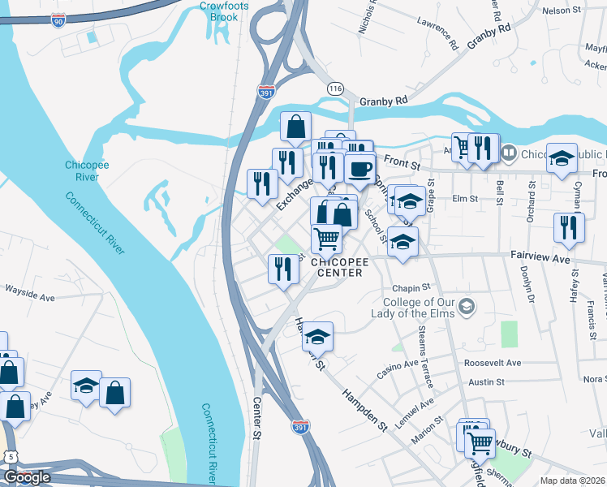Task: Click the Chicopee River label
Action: pyautogui.click(x=82, y=170)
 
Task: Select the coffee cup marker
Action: pyautogui.click(x=359, y=170)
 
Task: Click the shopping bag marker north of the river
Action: pyautogui.click(x=295, y=127)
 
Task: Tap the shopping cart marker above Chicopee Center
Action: pyautogui.click(x=326, y=238)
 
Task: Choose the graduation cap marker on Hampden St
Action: pyautogui.click(x=318, y=336)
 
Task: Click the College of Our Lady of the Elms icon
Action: pyautogui.click(x=466, y=306)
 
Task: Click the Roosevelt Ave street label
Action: pyautogui.click(x=493, y=363)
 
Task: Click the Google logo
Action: pyautogui.click(x=27, y=477)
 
